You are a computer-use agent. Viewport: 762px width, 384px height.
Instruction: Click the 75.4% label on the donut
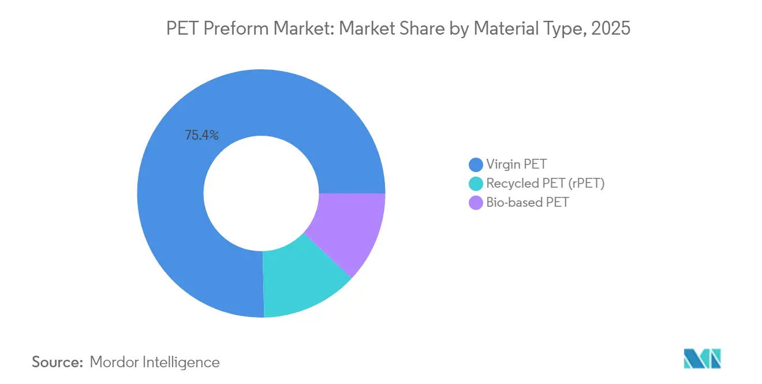[201, 136]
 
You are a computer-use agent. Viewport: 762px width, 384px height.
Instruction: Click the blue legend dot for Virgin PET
[476, 165]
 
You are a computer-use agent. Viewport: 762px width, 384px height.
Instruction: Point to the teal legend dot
[476, 184]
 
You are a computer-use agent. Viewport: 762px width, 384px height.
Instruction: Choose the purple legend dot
[476, 203]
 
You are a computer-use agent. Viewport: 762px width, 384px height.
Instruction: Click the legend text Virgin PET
[516, 165]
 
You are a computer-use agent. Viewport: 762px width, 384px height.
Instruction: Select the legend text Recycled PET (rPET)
[545, 184]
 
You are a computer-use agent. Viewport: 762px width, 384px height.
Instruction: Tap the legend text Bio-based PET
[528, 203]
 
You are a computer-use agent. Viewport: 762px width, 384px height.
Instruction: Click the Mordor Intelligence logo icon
[702, 359]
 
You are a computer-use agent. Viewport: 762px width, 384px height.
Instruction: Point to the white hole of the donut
[261, 193]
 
